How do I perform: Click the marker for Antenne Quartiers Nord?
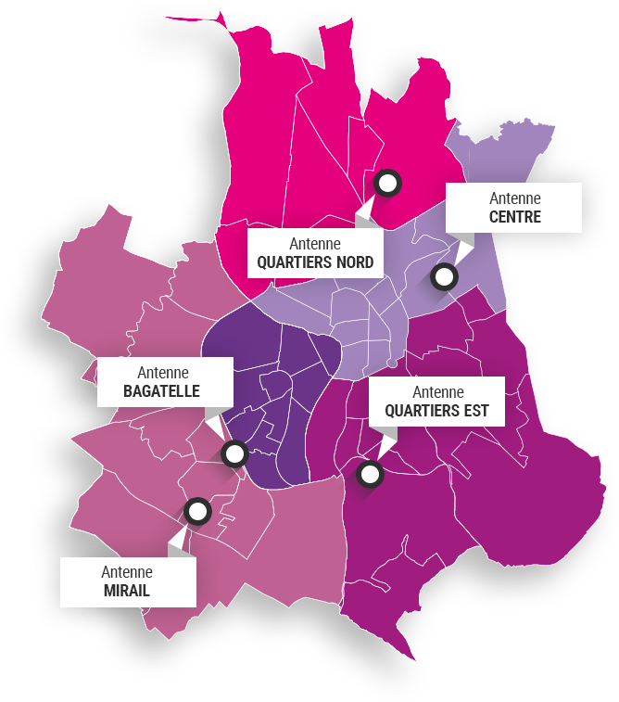pos(388,183)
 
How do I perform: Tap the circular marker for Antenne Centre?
pos(445,276)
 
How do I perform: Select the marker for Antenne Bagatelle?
pos(234,454)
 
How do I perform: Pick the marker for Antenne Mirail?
pos(197,511)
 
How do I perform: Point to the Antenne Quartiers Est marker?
pos(370,475)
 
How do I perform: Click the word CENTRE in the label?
pos(514,218)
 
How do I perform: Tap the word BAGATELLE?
pos(161,391)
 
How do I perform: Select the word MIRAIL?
pos(127,591)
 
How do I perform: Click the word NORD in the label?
pos(355,262)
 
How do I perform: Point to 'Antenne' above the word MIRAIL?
pos(127,571)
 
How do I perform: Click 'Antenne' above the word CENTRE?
pos(514,198)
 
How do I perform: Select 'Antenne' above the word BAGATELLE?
pos(161,372)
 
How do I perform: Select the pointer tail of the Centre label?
pos(463,245)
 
